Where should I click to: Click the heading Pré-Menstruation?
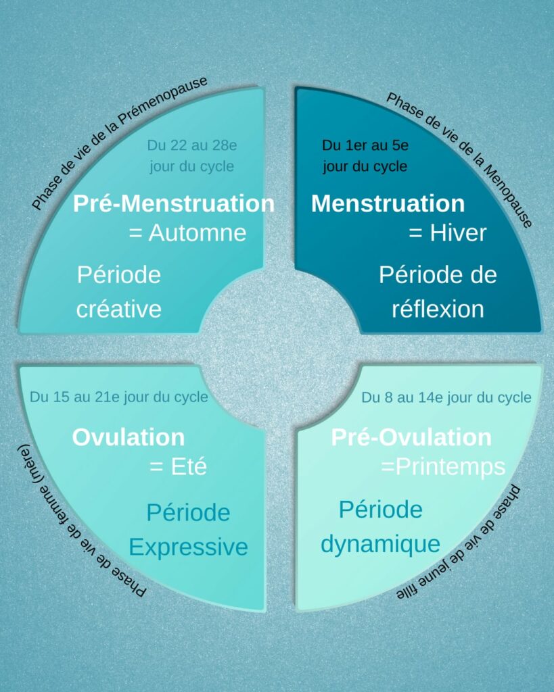coord(174,203)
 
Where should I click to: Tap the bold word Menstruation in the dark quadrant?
coord(388,203)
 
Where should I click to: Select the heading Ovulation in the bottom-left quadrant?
coord(129,437)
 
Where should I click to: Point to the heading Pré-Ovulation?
coord(411,437)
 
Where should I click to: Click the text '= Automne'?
coord(187,233)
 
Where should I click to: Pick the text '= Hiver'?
coord(448,233)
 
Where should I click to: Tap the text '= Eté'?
coord(178,467)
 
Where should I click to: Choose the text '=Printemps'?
coord(443,467)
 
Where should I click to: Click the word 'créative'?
coord(119,309)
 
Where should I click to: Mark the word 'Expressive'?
coord(188,547)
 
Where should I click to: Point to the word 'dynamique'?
coord(380,543)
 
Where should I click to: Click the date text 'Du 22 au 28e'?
coord(192,145)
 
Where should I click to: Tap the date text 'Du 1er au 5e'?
coord(365,145)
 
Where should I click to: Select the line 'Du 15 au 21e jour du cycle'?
coord(119,397)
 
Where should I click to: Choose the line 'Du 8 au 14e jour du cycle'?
coord(446,397)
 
